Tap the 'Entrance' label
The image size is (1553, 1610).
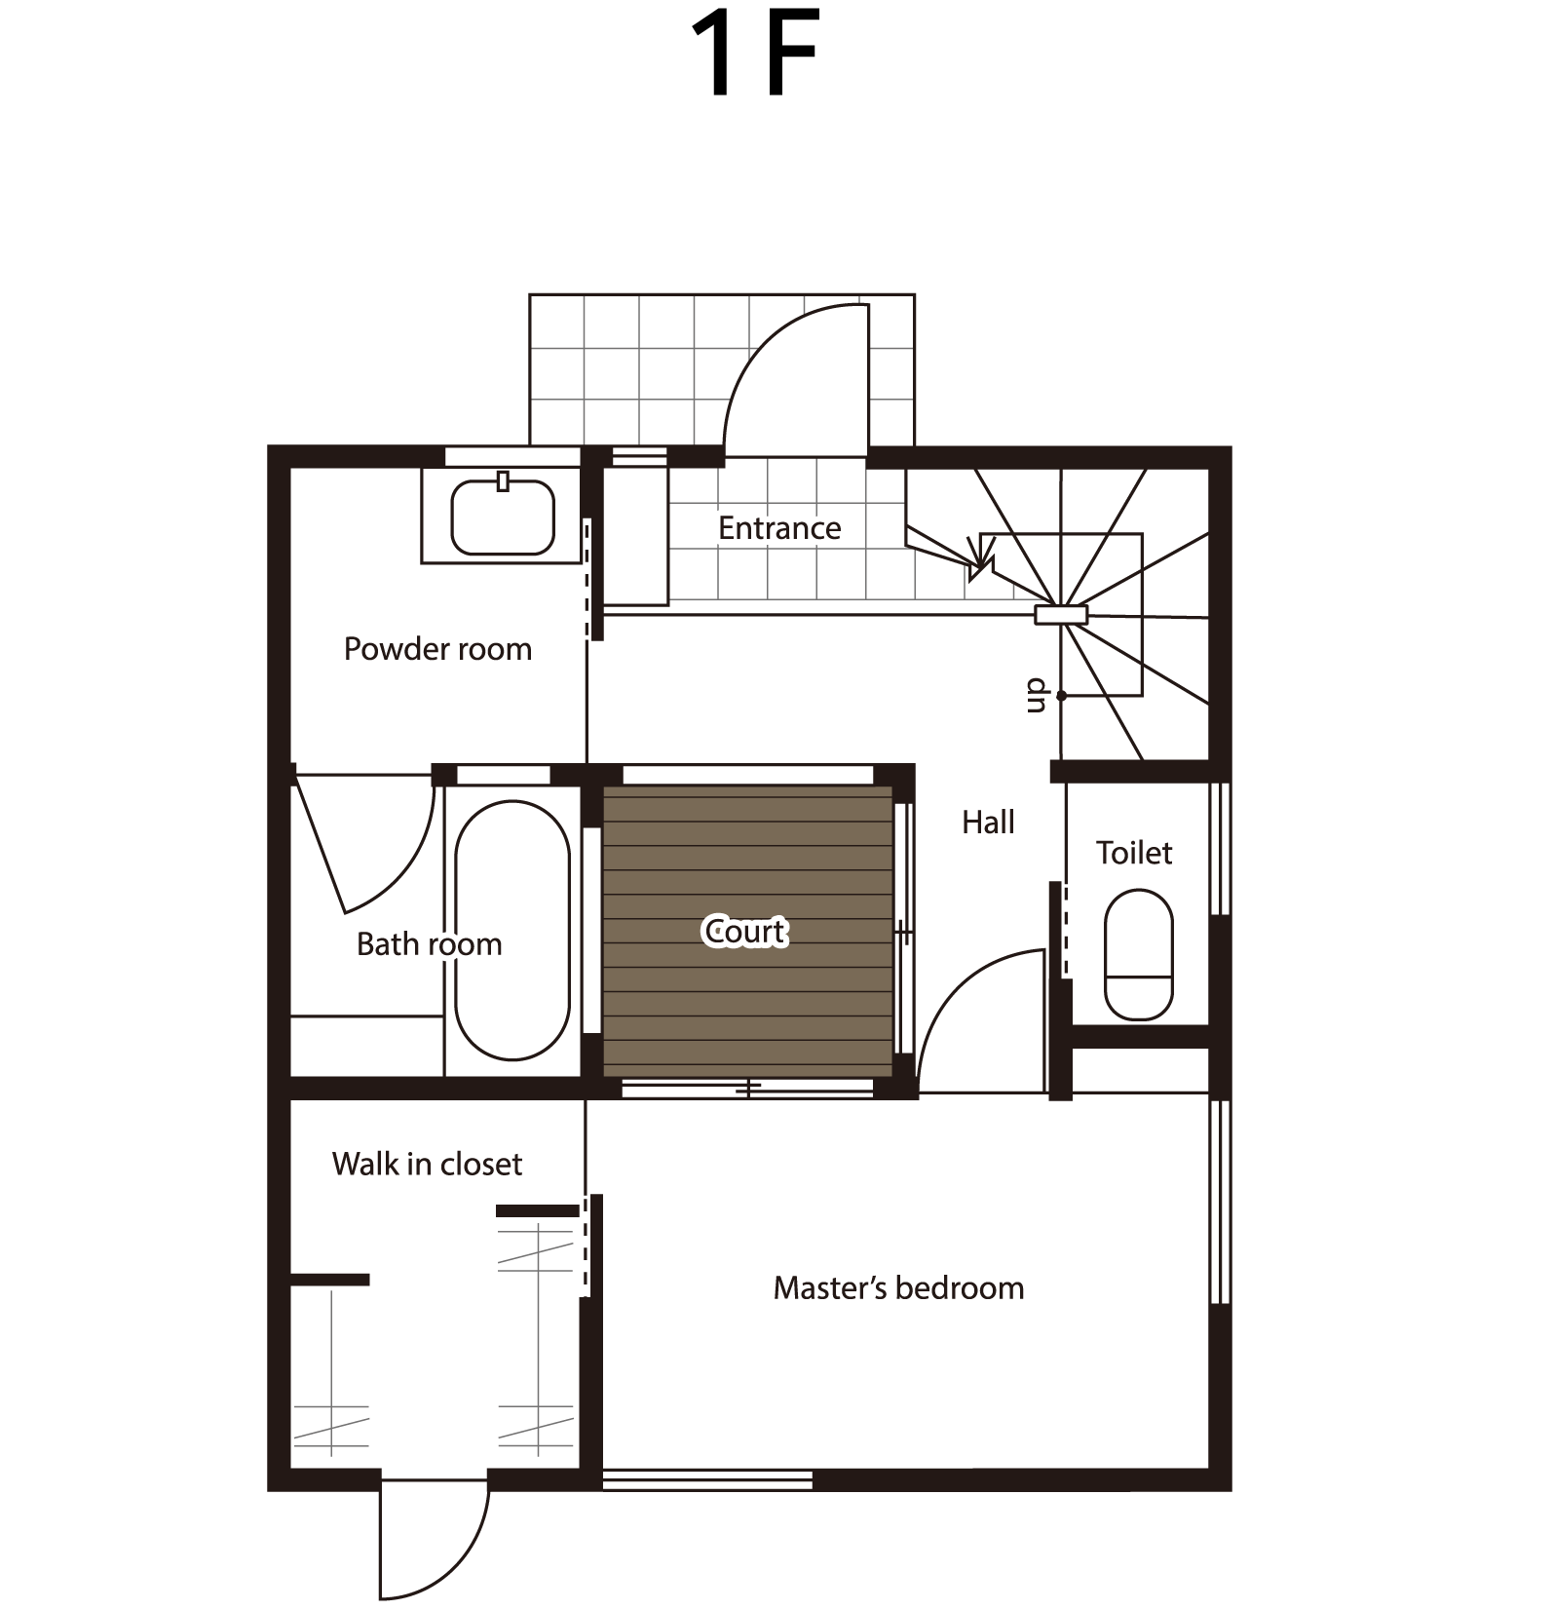click(x=779, y=528)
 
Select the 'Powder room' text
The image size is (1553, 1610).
click(x=437, y=649)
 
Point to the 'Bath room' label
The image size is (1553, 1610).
click(x=429, y=943)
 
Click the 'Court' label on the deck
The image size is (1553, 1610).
click(x=745, y=932)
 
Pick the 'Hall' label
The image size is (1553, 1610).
click(x=988, y=823)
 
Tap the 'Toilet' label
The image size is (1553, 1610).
click(x=1134, y=853)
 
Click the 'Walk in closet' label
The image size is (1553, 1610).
click(x=427, y=1164)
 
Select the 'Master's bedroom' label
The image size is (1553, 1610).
click(x=898, y=1288)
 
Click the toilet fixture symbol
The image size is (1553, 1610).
click(x=1138, y=954)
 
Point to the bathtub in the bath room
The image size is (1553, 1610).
click(x=512, y=930)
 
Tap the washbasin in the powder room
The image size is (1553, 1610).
click(x=503, y=517)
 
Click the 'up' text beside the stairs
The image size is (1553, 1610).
click(x=1036, y=696)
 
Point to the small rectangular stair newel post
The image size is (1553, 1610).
click(x=1060, y=615)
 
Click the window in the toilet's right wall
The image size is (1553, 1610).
click(x=1220, y=848)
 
